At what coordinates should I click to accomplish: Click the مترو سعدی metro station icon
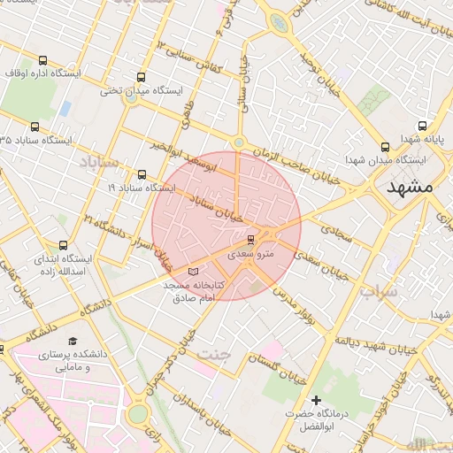click(250, 239)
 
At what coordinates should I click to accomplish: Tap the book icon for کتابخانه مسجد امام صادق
click(194, 272)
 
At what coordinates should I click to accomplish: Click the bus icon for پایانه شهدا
click(421, 125)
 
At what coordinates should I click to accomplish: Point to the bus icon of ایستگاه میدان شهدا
click(384, 147)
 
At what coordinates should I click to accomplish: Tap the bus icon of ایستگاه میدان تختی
click(141, 77)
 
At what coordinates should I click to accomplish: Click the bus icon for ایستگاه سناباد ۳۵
click(35, 127)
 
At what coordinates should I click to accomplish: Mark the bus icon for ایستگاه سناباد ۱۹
click(142, 174)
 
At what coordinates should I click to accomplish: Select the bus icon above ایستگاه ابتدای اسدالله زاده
click(62, 245)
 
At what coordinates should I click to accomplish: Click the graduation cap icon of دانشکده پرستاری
click(72, 341)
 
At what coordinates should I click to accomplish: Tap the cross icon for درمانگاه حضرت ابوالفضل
click(316, 401)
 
